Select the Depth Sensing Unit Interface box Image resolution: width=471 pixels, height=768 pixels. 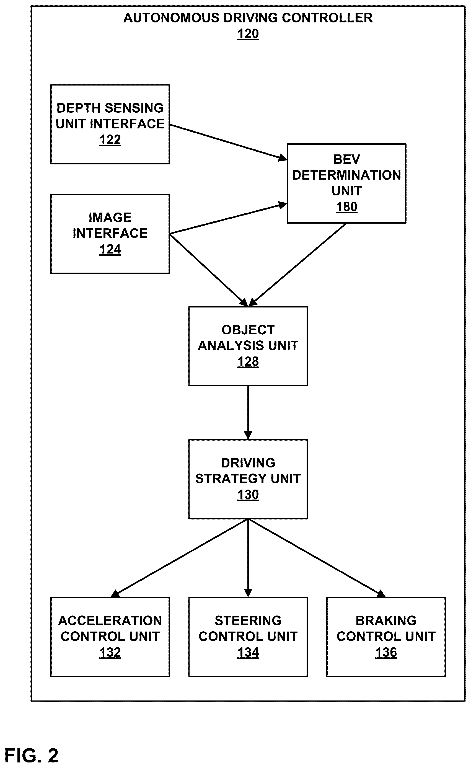click(x=110, y=124)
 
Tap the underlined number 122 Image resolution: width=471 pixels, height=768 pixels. click(x=110, y=140)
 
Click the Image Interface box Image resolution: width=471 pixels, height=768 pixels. click(x=110, y=234)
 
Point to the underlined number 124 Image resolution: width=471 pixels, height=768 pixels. click(x=110, y=249)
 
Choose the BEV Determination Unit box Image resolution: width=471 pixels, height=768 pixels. click(x=346, y=183)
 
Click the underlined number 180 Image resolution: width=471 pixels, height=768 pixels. click(x=346, y=207)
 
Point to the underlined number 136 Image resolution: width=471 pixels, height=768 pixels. click(x=386, y=652)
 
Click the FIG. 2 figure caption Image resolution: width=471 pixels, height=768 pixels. click(x=32, y=756)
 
